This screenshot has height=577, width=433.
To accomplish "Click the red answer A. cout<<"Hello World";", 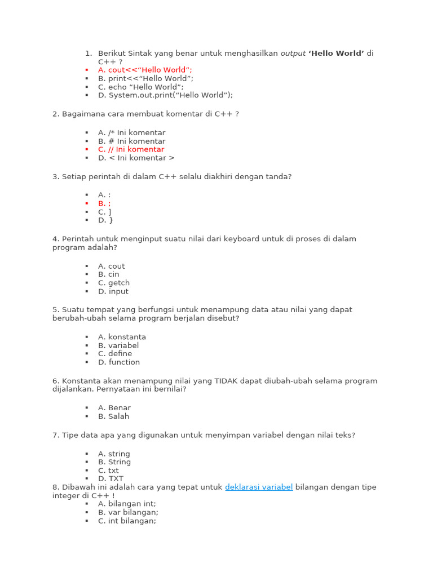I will (145, 70).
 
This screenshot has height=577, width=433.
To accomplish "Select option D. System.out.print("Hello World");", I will (165, 95).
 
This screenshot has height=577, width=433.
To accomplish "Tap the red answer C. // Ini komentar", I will (131, 149).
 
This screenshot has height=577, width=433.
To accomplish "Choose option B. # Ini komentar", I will (131, 141).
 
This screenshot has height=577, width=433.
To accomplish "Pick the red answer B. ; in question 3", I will (104, 203).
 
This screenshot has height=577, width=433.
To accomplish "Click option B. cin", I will (108, 274).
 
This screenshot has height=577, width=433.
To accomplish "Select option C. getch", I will (113, 283).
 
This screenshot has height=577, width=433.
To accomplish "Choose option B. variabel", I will (118, 345).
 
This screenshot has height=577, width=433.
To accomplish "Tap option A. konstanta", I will (122, 337).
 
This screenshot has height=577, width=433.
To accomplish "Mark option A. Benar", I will (114, 408).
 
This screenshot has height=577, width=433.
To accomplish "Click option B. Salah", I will (113, 416).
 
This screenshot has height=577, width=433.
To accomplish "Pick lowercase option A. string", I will (114, 454).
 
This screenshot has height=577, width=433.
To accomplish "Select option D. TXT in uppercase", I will (111, 479).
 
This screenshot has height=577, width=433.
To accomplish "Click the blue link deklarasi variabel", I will (259, 487).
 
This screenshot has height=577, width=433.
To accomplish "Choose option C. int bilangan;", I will (127, 521).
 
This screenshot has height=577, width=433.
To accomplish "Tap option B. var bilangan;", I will (128, 513).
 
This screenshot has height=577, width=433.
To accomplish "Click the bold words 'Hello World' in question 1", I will (336, 54).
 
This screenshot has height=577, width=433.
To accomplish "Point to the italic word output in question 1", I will (293, 54).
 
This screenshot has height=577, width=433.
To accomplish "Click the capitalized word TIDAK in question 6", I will (226, 381).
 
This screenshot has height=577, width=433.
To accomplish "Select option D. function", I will (118, 362).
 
